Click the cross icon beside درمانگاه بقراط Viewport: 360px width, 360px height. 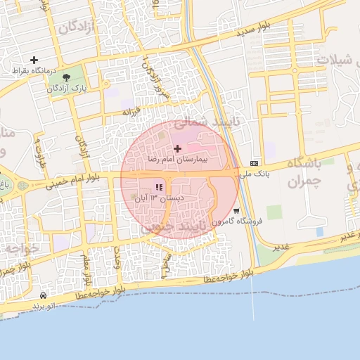click(34, 60)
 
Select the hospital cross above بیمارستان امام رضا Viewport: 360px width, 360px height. click(177, 148)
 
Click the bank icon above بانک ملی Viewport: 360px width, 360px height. click(254, 162)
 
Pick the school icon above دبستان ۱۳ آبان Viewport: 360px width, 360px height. click(159, 188)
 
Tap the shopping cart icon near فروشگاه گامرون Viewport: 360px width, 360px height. click(236, 210)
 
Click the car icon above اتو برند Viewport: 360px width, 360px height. click(44, 296)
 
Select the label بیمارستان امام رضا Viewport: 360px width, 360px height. click(178, 160)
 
